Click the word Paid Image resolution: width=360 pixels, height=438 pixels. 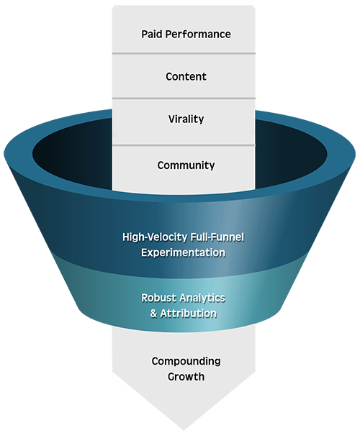pos(152,34)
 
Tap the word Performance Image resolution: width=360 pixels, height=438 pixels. pos(198,34)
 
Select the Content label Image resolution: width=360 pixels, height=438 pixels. pos(186,76)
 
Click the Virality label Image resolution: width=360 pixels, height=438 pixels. pos(186,119)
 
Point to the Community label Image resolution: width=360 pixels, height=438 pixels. pos(186,165)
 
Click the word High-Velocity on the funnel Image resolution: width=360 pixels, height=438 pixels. pos(155,237)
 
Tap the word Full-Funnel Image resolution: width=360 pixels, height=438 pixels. pos(217,237)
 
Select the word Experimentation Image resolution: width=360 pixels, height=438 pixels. pos(183,252)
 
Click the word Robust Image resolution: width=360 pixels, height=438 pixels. pos(158,298)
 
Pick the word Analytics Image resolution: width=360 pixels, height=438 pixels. pos(202,298)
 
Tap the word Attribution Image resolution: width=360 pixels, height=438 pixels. pos(188,314)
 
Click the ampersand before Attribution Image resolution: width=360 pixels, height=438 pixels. pos(153,314)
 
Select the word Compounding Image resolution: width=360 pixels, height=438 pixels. pos(186,362)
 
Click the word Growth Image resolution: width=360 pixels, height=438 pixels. pos(186,377)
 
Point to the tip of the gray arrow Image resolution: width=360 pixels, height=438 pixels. pos(184,430)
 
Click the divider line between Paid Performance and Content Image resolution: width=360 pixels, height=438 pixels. pos(184,53)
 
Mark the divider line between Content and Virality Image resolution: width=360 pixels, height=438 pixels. pos(184,99)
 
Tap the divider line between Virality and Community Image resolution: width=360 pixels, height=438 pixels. pos(184,145)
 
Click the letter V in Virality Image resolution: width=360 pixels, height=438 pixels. pos(172,119)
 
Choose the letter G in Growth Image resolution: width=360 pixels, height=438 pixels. pos(171,377)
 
